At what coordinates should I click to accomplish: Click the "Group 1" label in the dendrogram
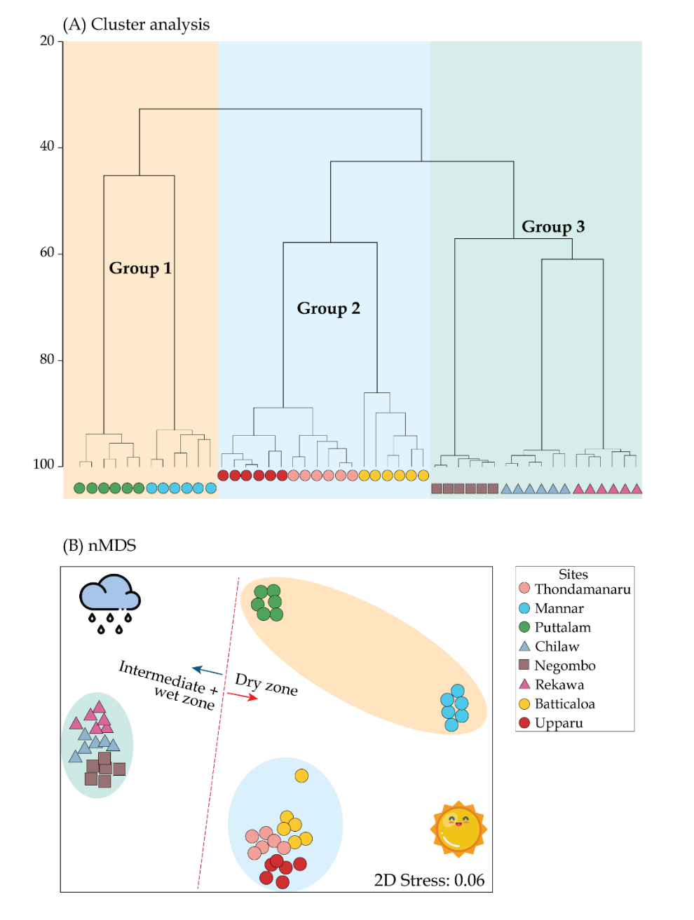click(140, 268)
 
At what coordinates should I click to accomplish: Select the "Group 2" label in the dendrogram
click(328, 308)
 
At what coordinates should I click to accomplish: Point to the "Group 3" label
click(553, 226)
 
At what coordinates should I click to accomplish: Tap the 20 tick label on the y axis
click(47, 41)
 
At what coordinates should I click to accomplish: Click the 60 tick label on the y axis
click(47, 252)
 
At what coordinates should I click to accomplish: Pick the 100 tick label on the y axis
click(43, 464)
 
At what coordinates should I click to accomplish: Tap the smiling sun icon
click(458, 829)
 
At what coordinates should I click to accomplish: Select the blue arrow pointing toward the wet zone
click(207, 671)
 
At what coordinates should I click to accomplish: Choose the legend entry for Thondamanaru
click(575, 589)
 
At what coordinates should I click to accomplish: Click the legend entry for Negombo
click(557, 665)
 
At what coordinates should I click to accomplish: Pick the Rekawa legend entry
click(552, 685)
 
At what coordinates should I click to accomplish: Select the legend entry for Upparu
click(551, 723)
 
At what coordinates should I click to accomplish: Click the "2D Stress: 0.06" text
click(429, 880)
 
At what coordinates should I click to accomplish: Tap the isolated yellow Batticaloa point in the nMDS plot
click(301, 776)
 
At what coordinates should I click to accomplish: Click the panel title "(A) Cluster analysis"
click(136, 25)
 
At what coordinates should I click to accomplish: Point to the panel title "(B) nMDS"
click(100, 545)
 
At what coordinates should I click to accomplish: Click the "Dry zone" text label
click(266, 684)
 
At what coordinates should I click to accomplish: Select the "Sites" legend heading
click(573, 575)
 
